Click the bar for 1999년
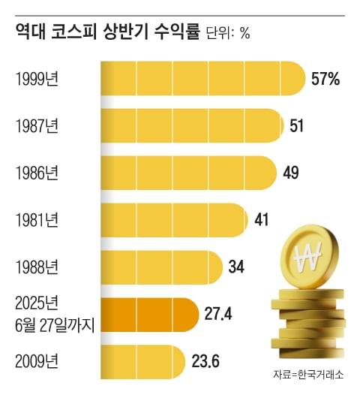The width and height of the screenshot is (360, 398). pos(202,78)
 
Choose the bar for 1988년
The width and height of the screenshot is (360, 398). pos(162,267)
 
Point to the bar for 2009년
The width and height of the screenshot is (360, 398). pos(142,360)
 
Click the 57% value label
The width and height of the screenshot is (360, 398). pos(325,78)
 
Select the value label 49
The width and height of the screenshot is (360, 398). pos(291,173)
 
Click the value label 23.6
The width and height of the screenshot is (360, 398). pos(203,360)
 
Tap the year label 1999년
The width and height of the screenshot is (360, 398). pos(37,78)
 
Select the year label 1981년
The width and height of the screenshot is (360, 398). pos(37,220)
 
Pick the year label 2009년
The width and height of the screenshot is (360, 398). pos(37,360)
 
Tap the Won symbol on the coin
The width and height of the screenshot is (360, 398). pos(307,260)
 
